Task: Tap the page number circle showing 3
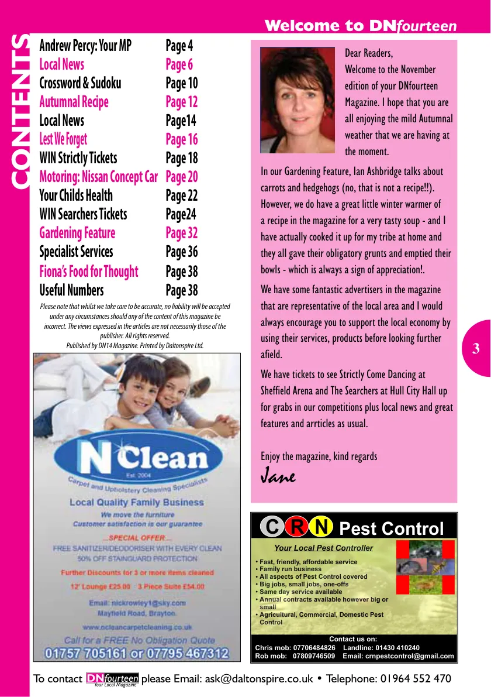pos(476,349)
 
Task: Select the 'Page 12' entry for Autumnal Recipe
pos(182,102)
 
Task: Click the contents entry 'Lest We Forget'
pos(63,139)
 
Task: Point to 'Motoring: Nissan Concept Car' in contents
pos(98,177)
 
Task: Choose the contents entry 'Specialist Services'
pos(76,252)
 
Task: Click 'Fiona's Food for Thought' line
pos(88,272)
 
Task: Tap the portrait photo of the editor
pos(298,100)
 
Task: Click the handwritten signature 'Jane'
pos(278,476)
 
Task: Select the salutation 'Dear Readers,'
pos(369,53)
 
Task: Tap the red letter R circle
pos(296,527)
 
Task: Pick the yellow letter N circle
pos(321,527)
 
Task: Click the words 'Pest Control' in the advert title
pos(392,528)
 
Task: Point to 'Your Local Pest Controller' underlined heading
pos(323,548)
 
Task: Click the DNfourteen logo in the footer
pos(112,679)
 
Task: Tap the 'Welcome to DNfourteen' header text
pos(360,26)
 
